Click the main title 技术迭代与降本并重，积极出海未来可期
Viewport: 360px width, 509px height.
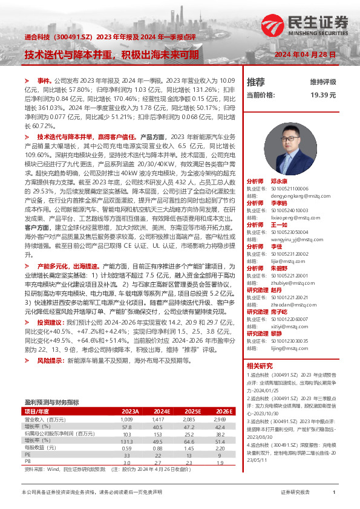(111, 54)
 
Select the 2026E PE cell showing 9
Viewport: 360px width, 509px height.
(221, 455)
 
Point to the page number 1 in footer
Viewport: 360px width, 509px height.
(334, 493)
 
